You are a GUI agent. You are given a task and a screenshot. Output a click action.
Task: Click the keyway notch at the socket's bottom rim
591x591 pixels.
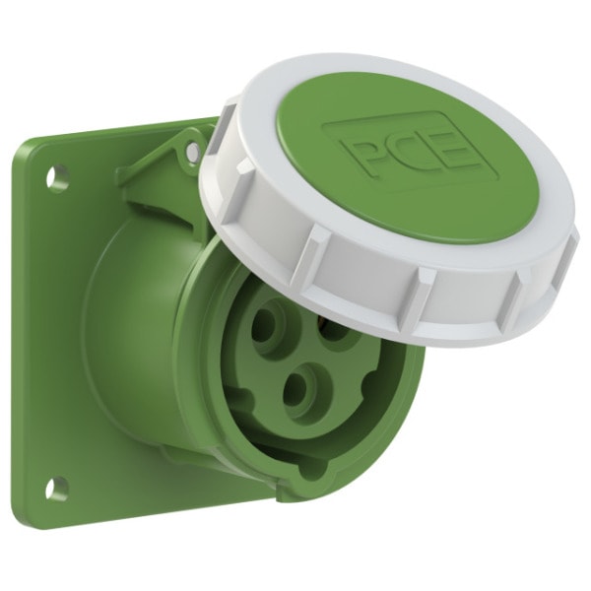[x=312, y=464]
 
